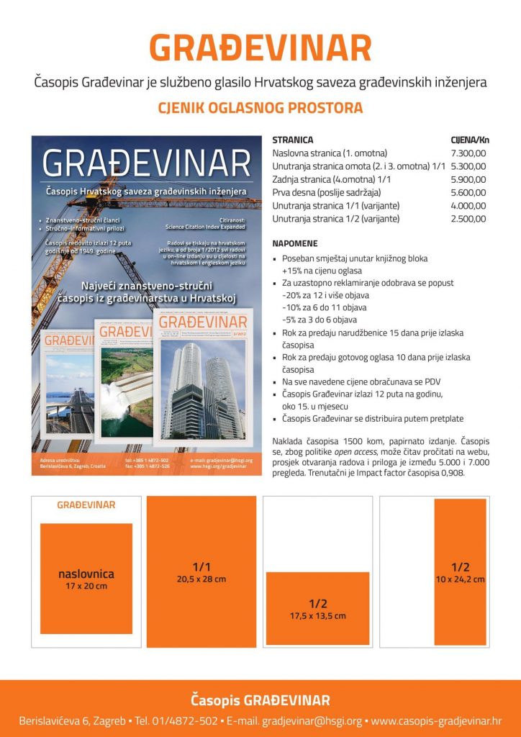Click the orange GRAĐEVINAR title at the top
[260, 48]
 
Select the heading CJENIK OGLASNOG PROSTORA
[260, 109]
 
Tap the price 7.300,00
[468, 153]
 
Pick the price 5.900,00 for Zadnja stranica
[468, 179]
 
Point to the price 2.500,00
[468, 218]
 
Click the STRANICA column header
[293, 140]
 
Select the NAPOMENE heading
[295, 244]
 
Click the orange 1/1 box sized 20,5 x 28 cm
[201, 571]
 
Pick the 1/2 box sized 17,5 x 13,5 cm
[317, 608]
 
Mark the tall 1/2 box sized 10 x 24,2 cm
[460, 572]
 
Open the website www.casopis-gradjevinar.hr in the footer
[436, 720]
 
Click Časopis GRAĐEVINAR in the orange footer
[260, 700]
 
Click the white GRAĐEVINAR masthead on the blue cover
[146, 163]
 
